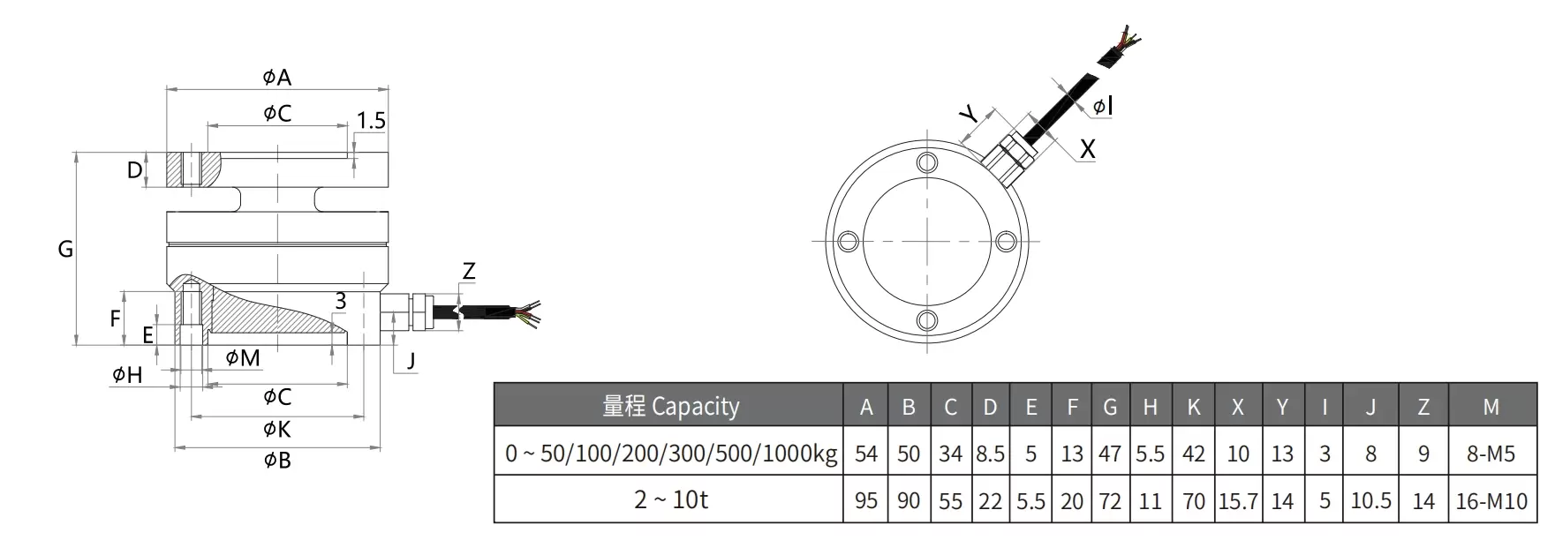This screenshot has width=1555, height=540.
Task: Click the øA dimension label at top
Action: coord(276,78)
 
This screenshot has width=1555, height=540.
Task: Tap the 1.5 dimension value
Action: coord(372,121)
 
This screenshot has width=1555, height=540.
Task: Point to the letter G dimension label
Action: coord(65,250)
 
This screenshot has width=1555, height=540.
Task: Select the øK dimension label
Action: coord(276,430)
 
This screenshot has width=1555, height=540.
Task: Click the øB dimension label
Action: coord(276,461)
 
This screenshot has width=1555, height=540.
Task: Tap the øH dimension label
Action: coord(127,375)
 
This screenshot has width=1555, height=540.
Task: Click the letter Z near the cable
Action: coord(469,272)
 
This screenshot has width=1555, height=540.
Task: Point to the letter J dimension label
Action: coord(411,360)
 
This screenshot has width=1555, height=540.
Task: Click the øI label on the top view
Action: coord(1102,107)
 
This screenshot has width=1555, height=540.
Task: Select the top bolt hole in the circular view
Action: coord(927,163)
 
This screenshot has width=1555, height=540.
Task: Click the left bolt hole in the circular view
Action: coord(848,242)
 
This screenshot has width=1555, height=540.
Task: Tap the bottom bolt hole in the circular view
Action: coord(927,319)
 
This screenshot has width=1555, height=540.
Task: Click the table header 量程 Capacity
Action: coord(670,407)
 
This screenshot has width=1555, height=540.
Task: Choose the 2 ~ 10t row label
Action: coord(670,500)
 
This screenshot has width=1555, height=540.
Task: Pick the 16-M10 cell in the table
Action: coord(1491,501)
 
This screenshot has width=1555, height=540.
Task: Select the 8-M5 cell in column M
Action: coord(1491,454)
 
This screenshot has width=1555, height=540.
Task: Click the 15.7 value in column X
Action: coord(1237,501)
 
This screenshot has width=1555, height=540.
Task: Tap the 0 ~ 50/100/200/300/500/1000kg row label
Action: coord(670,454)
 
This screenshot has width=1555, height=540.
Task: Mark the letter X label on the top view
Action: coord(1087,149)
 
